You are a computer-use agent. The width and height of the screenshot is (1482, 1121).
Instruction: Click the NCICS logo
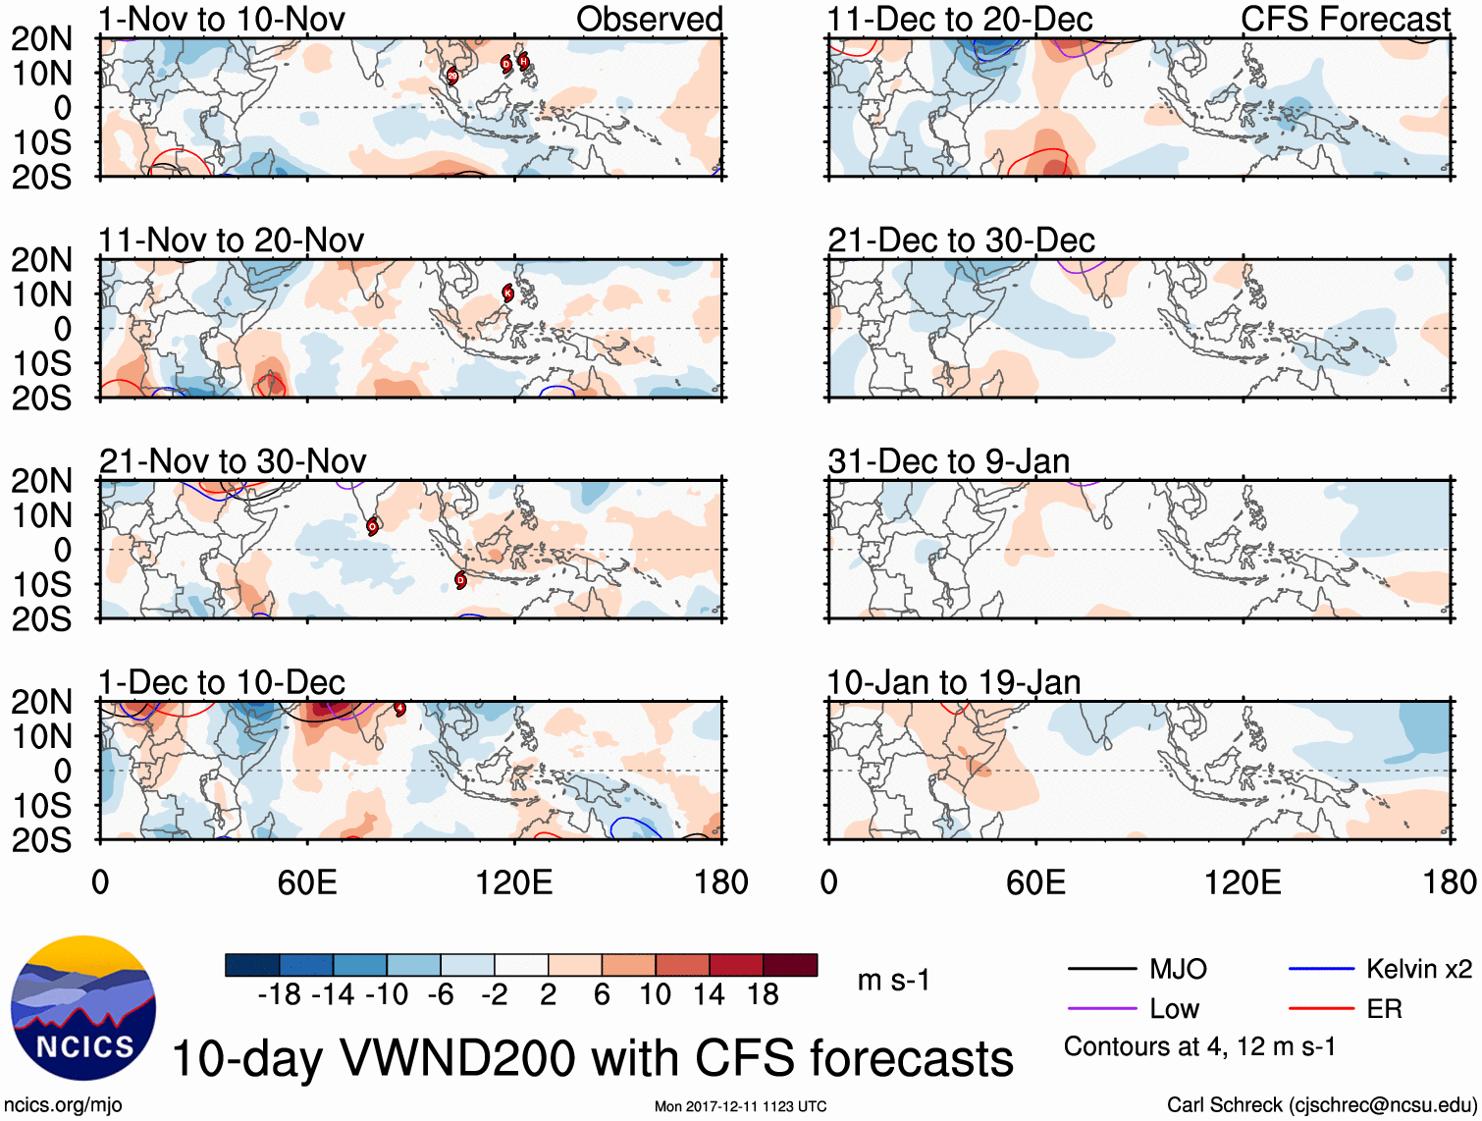[83, 1008]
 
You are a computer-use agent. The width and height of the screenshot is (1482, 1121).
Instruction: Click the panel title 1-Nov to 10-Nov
[221, 19]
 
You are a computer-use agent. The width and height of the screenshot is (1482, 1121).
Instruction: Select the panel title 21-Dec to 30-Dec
[961, 240]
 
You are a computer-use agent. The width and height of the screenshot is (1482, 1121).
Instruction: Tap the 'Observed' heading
[649, 19]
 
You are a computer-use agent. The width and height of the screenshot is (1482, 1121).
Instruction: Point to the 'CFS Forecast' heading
[1345, 19]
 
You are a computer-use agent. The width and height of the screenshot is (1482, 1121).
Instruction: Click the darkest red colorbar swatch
[790, 965]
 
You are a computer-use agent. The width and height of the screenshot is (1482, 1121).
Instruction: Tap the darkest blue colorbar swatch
[252, 965]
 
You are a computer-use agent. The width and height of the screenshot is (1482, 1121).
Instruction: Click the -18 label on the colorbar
[280, 995]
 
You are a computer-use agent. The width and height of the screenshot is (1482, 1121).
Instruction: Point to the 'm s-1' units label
[893, 981]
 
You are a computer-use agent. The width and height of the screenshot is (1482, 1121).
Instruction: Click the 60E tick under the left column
[307, 882]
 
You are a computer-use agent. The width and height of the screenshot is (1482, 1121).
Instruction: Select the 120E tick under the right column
[1243, 882]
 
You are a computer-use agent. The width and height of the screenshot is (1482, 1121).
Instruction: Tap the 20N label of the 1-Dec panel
[41, 702]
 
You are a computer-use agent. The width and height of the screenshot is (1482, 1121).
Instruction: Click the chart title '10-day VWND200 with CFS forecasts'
[592, 1058]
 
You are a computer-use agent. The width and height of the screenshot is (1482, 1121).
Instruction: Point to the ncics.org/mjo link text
[63, 1105]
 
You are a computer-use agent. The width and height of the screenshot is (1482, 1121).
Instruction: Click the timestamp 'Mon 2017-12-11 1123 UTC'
[740, 1106]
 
